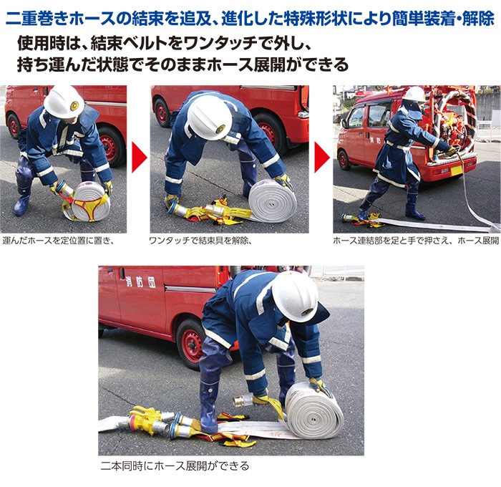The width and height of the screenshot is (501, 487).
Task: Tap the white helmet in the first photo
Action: pos(64,102)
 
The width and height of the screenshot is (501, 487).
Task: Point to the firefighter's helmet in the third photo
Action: pos(414,95)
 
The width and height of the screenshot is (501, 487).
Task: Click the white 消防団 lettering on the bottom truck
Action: pos(142,282)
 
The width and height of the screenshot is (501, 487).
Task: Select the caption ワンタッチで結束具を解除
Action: pos(200,241)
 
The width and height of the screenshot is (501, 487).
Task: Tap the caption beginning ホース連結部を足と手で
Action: pos(416,241)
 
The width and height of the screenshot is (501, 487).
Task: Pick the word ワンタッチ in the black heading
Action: pos(205,43)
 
